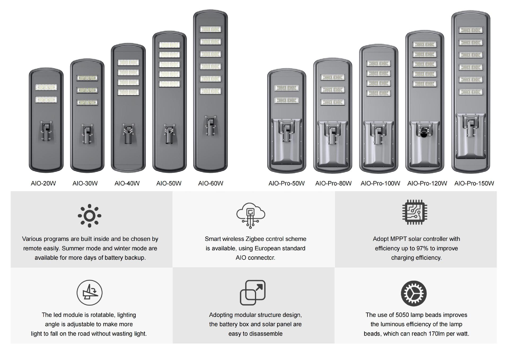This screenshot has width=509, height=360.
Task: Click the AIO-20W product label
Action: pyautogui.click(x=43, y=183)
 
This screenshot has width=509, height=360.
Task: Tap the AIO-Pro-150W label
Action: pyautogui.click(x=474, y=183)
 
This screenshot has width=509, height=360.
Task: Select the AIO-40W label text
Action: pyautogui.click(x=127, y=183)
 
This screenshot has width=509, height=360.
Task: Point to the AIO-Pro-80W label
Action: pyautogui.click(x=333, y=183)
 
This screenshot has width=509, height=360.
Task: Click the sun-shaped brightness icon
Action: pyautogui.click(x=90, y=216)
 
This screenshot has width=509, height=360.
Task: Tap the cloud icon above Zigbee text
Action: pyautogui.click(x=251, y=215)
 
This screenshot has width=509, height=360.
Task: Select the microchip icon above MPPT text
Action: pyautogui.click(x=415, y=212)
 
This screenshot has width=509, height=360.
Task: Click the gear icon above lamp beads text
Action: pyautogui.click(x=414, y=293)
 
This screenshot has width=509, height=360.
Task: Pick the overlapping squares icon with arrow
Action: pyautogui.click(x=253, y=292)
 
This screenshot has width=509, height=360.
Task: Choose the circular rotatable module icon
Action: pyautogui.click(x=90, y=293)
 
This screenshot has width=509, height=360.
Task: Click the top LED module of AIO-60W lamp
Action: pyautogui.click(x=210, y=29)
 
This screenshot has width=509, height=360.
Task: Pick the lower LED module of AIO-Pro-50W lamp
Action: pyautogui.click(x=287, y=100)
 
